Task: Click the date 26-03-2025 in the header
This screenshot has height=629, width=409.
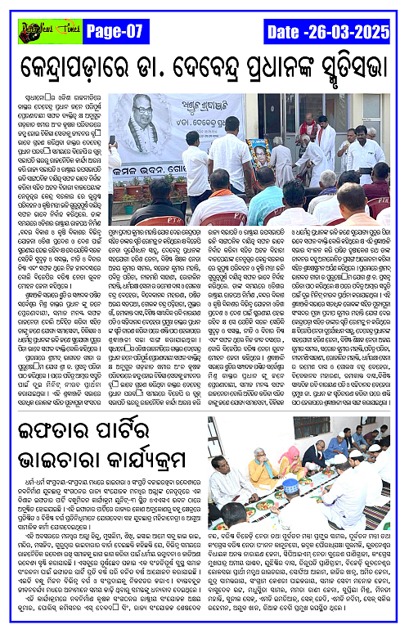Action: click(330, 31)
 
